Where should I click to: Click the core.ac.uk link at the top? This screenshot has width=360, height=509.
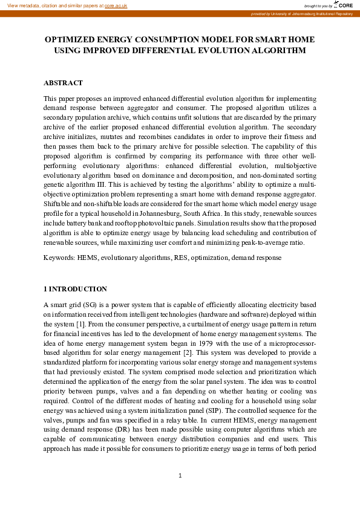pyautogui.click(x=116, y=5)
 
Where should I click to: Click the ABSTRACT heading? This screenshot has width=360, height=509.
pyautogui.click(x=63, y=83)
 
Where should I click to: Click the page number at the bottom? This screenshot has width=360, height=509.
pyautogui.click(x=180, y=476)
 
